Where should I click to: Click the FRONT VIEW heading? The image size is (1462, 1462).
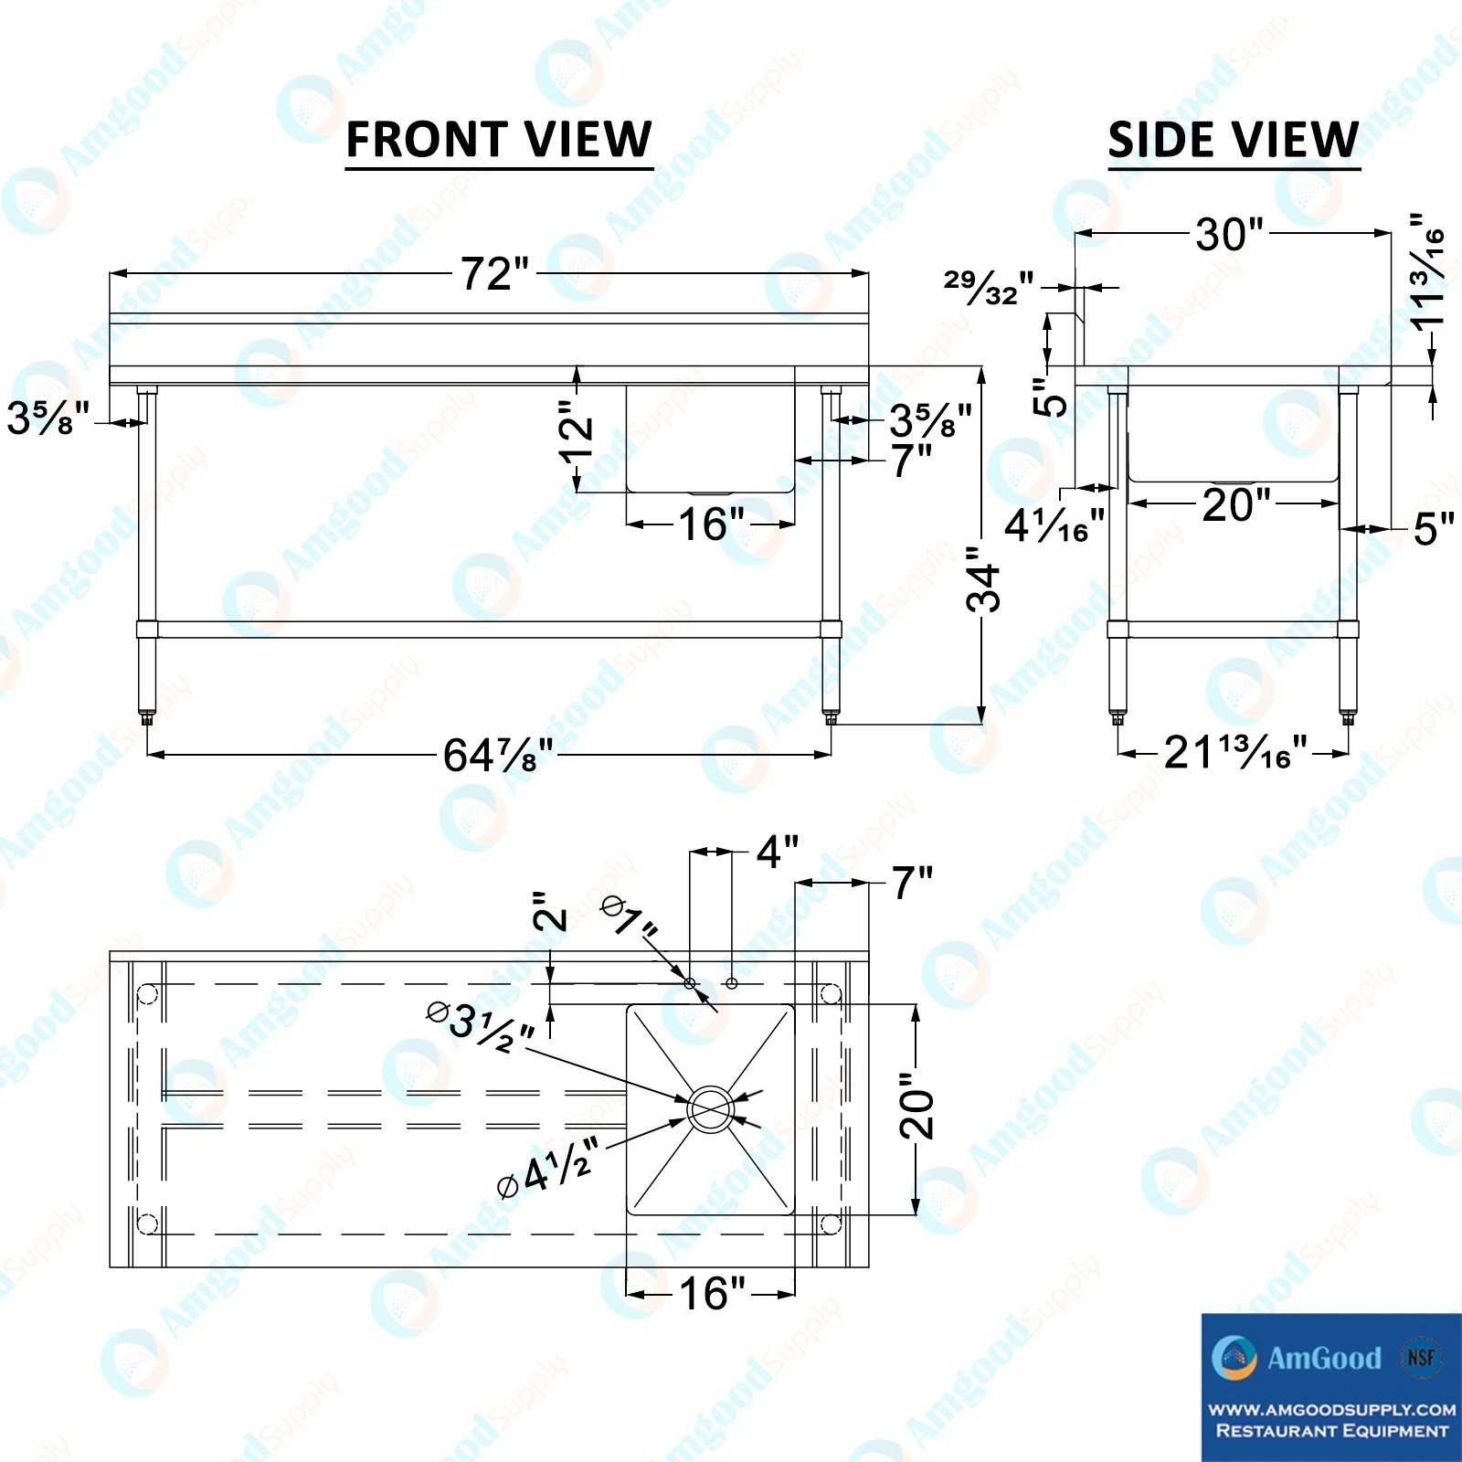click(499, 140)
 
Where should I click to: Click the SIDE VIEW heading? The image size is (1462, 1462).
click(1234, 140)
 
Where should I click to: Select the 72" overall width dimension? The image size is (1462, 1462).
click(494, 273)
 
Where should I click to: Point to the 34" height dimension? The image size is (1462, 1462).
click(984, 579)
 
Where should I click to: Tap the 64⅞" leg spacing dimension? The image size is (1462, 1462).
click(499, 755)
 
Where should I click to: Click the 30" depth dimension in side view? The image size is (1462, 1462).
click(1230, 234)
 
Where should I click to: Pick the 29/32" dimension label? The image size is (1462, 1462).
click(989, 287)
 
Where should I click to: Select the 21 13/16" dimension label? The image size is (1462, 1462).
click(1235, 752)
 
